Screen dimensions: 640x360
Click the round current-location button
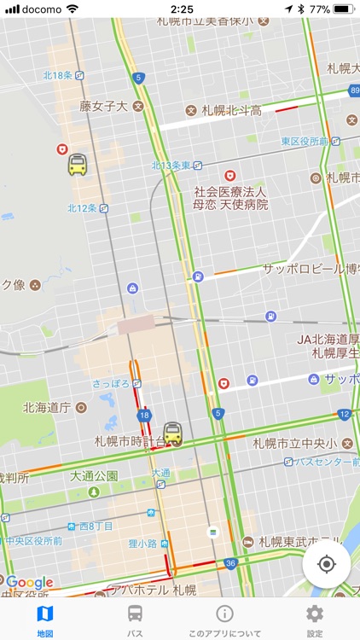[x=326, y=564]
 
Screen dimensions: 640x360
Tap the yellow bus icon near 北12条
[x=78, y=164]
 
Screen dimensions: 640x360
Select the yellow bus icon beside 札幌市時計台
[x=173, y=433]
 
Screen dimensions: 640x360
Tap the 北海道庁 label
[x=46, y=407]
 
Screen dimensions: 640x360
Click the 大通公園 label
[x=94, y=475]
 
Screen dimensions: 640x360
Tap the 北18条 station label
[x=58, y=76]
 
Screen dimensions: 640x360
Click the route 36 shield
[x=230, y=563]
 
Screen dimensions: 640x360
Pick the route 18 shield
[x=143, y=415]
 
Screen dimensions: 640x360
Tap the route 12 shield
[x=344, y=415]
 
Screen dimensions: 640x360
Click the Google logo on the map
[x=30, y=583]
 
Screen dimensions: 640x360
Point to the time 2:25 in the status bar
[x=181, y=9]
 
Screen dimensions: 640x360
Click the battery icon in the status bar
[x=343, y=9]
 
